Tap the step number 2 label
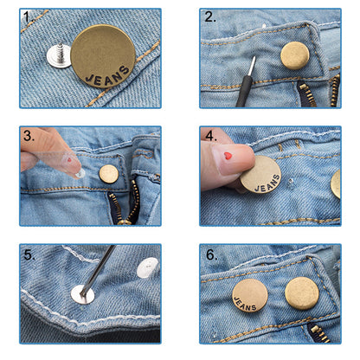click(210, 17)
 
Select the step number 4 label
click(210, 135)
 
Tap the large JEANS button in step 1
click(103, 56)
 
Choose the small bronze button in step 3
click(108, 174)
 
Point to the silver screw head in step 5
click(83, 294)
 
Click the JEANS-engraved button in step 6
click(248, 294)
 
